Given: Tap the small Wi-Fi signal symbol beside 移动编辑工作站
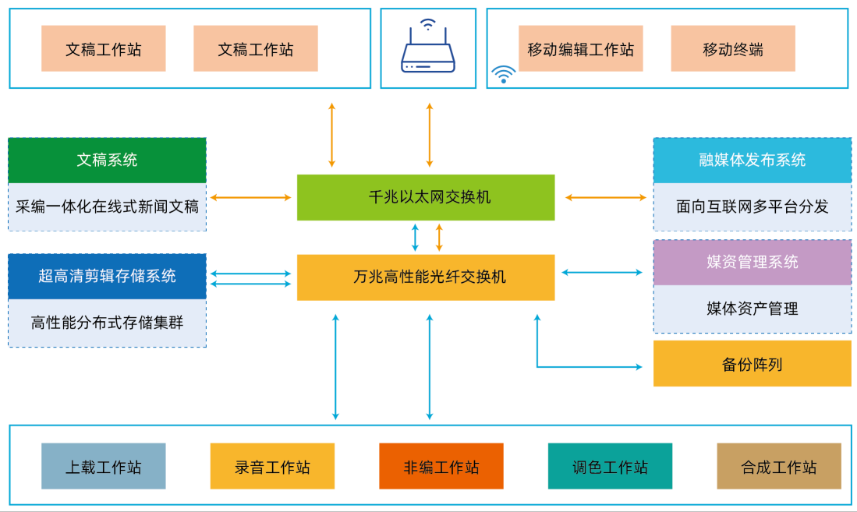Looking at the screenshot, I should point(503,74).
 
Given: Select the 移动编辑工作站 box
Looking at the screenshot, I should point(580,49).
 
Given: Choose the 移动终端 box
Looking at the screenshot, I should point(732,49).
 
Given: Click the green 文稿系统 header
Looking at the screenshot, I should point(107,161).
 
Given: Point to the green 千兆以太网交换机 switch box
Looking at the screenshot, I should point(426,197).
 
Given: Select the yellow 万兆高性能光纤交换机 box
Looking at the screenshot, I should point(426,277).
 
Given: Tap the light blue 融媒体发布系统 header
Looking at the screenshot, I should point(752,161).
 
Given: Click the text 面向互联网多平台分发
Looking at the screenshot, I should point(752,207).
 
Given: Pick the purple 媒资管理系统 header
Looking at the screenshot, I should point(752,262).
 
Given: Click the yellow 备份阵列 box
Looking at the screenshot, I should point(752,363).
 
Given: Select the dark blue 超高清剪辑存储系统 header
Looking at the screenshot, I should point(107,276).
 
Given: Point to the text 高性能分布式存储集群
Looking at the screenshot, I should point(107,323).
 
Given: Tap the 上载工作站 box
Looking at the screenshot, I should point(103,466).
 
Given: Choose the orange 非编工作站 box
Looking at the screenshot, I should point(441,466).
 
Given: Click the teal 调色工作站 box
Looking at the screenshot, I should point(610,466).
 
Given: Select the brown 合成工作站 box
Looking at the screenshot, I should point(779,466).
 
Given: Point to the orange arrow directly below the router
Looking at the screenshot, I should point(429,134).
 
